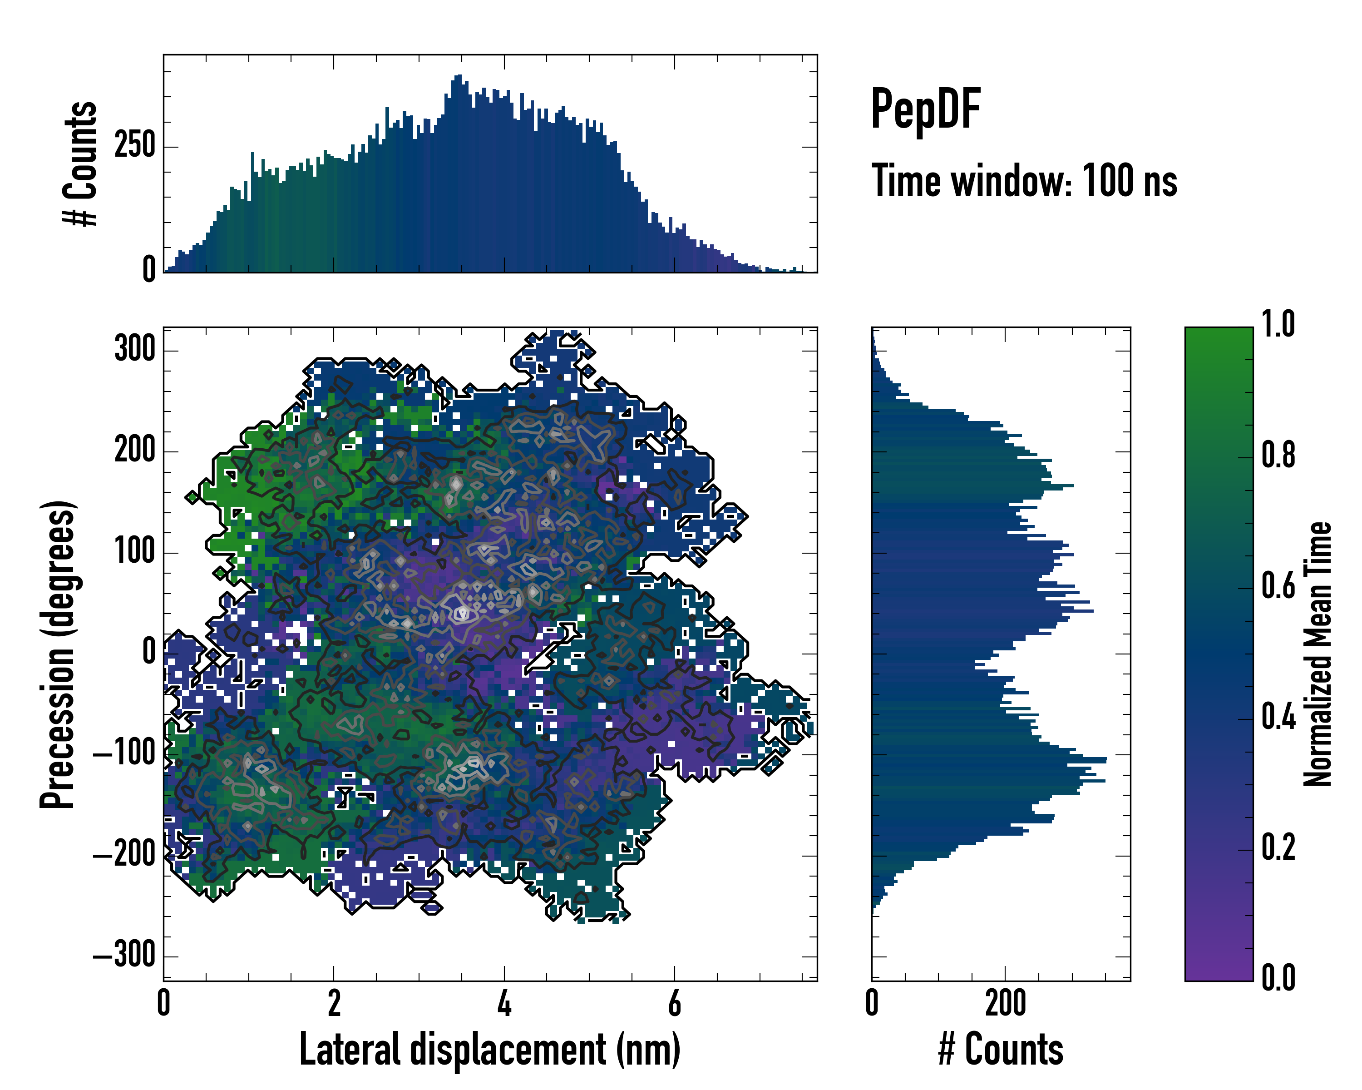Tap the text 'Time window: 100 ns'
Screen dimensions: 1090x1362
(1024, 181)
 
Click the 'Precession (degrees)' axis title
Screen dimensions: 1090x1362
(58, 654)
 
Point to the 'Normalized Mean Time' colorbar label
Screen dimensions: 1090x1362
(1318, 654)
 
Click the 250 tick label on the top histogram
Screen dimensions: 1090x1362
(134, 147)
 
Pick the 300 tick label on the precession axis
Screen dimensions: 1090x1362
(134, 349)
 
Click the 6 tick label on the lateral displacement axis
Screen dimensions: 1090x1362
(674, 1003)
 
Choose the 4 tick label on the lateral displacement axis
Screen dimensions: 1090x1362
(503, 1003)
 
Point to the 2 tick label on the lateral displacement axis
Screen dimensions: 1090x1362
(334, 1003)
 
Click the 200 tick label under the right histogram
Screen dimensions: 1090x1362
(1005, 1003)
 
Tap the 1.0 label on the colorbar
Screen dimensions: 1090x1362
(1278, 325)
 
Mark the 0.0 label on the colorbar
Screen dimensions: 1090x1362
(1278, 977)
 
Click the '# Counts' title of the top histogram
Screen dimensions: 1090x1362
(80, 163)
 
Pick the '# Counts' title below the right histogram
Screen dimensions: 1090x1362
(1001, 1050)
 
